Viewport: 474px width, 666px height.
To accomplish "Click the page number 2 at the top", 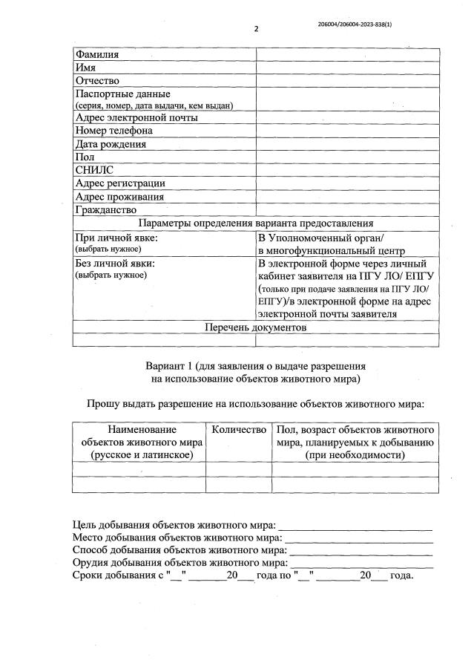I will click(x=255, y=29).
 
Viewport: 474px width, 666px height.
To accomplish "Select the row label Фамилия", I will click(x=97, y=54).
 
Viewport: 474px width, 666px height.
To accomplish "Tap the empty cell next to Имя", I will click(x=346, y=68).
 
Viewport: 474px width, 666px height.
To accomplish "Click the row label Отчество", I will click(x=98, y=80).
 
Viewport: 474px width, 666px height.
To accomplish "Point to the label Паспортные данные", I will click(x=123, y=94).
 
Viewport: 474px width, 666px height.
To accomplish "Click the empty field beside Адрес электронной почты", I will click(x=346, y=117).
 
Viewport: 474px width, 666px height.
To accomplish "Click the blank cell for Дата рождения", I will click(x=346, y=144).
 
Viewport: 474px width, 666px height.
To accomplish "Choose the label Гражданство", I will click(x=105, y=210).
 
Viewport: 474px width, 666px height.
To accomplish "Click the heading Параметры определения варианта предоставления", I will click(x=255, y=223).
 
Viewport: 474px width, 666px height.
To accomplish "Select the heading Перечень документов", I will click(x=255, y=327).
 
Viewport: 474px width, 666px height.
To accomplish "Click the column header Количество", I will click(x=238, y=430).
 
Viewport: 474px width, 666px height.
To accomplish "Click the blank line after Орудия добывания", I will click(x=361, y=564).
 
